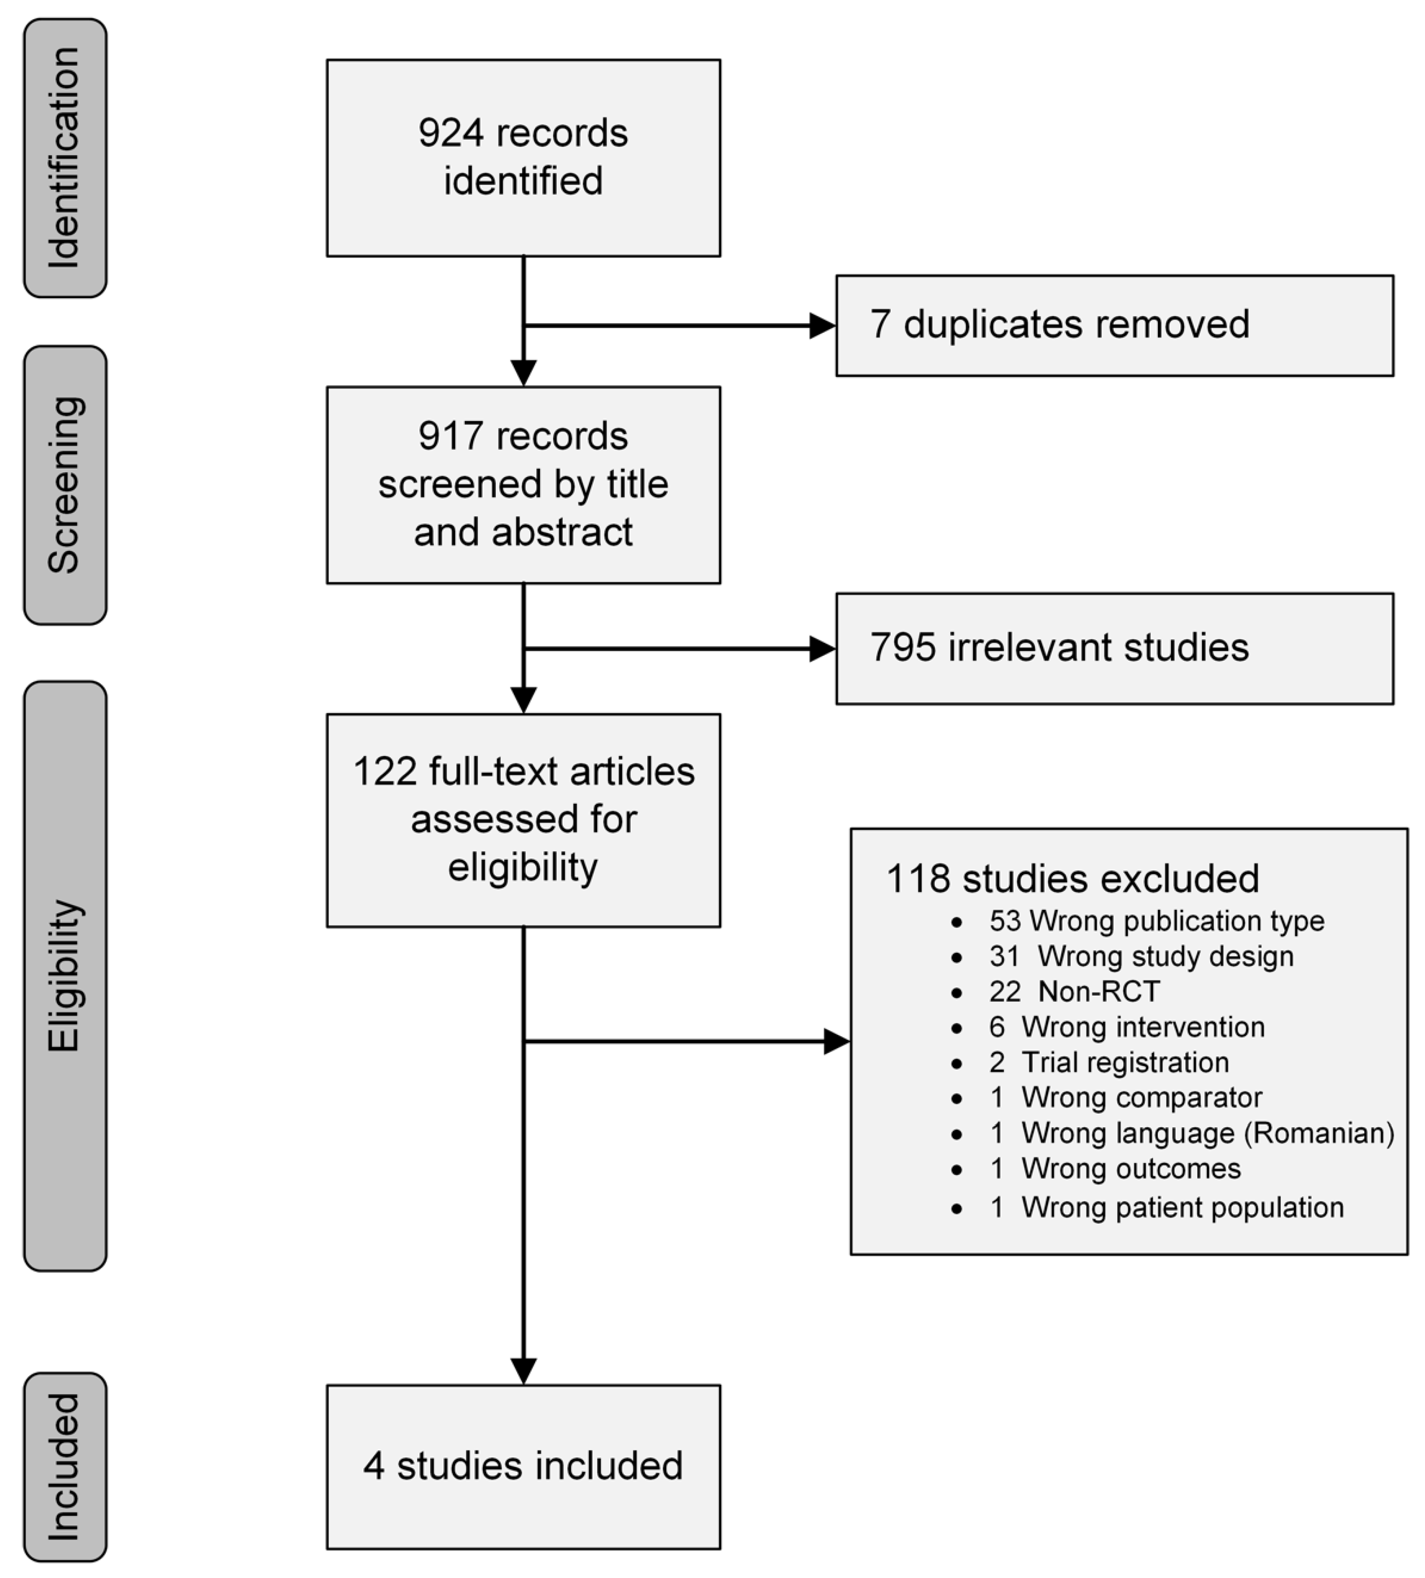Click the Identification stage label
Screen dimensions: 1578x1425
tap(65, 158)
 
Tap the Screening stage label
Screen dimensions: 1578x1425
tap(65, 485)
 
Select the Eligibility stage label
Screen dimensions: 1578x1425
tap(65, 975)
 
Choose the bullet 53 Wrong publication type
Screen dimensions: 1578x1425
tap(1156, 921)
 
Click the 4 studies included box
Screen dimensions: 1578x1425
tap(523, 1466)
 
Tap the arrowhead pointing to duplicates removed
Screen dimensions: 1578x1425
tap(822, 326)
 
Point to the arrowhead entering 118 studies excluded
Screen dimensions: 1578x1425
tap(836, 1042)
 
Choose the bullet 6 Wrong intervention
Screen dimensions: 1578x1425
tap(1126, 1027)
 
